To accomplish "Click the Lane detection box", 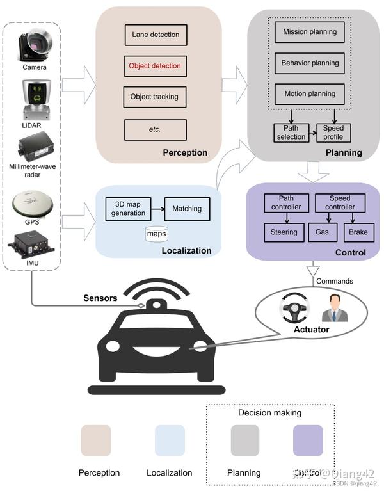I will click(x=156, y=35).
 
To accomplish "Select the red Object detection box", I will click(x=155, y=66).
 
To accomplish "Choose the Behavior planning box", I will click(x=310, y=63).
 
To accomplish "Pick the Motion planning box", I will click(x=310, y=94).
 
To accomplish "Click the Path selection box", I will click(x=291, y=133).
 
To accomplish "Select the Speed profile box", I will click(x=333, y=133).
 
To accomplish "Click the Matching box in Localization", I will click(x=187, y=209).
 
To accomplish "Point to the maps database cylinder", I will click(x=157, y=233).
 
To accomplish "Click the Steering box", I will click(x=284, y=232).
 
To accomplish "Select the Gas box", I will click(x=322, y=232).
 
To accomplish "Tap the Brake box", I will click(x=358, y=232).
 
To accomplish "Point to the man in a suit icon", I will click(x=335, y=309).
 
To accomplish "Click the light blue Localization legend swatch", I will click(x=170, y=440).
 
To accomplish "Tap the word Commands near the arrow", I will click(x=335, y=281).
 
